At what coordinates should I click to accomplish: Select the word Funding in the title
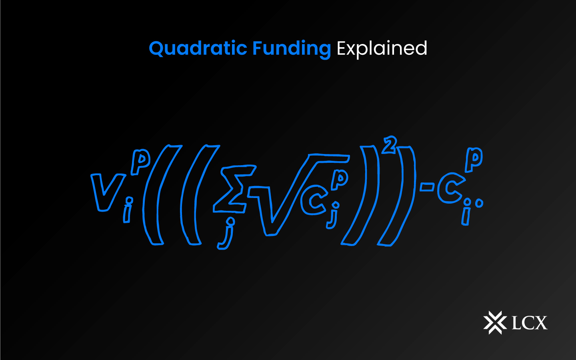291,49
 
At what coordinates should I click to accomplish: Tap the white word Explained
382,49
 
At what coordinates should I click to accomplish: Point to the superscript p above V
140,162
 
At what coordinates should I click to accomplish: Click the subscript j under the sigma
226,234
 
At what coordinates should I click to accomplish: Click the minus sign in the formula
426,186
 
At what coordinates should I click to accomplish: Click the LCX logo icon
494,322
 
